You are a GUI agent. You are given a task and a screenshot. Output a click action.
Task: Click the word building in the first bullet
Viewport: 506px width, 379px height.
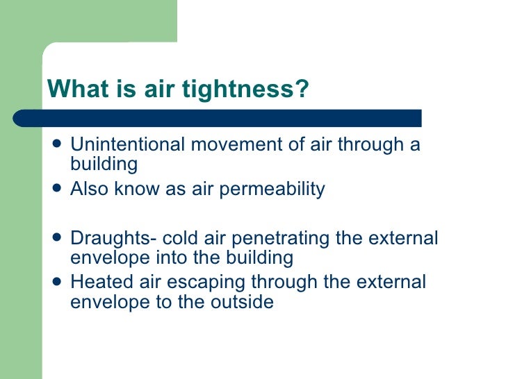pos(104,165)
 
